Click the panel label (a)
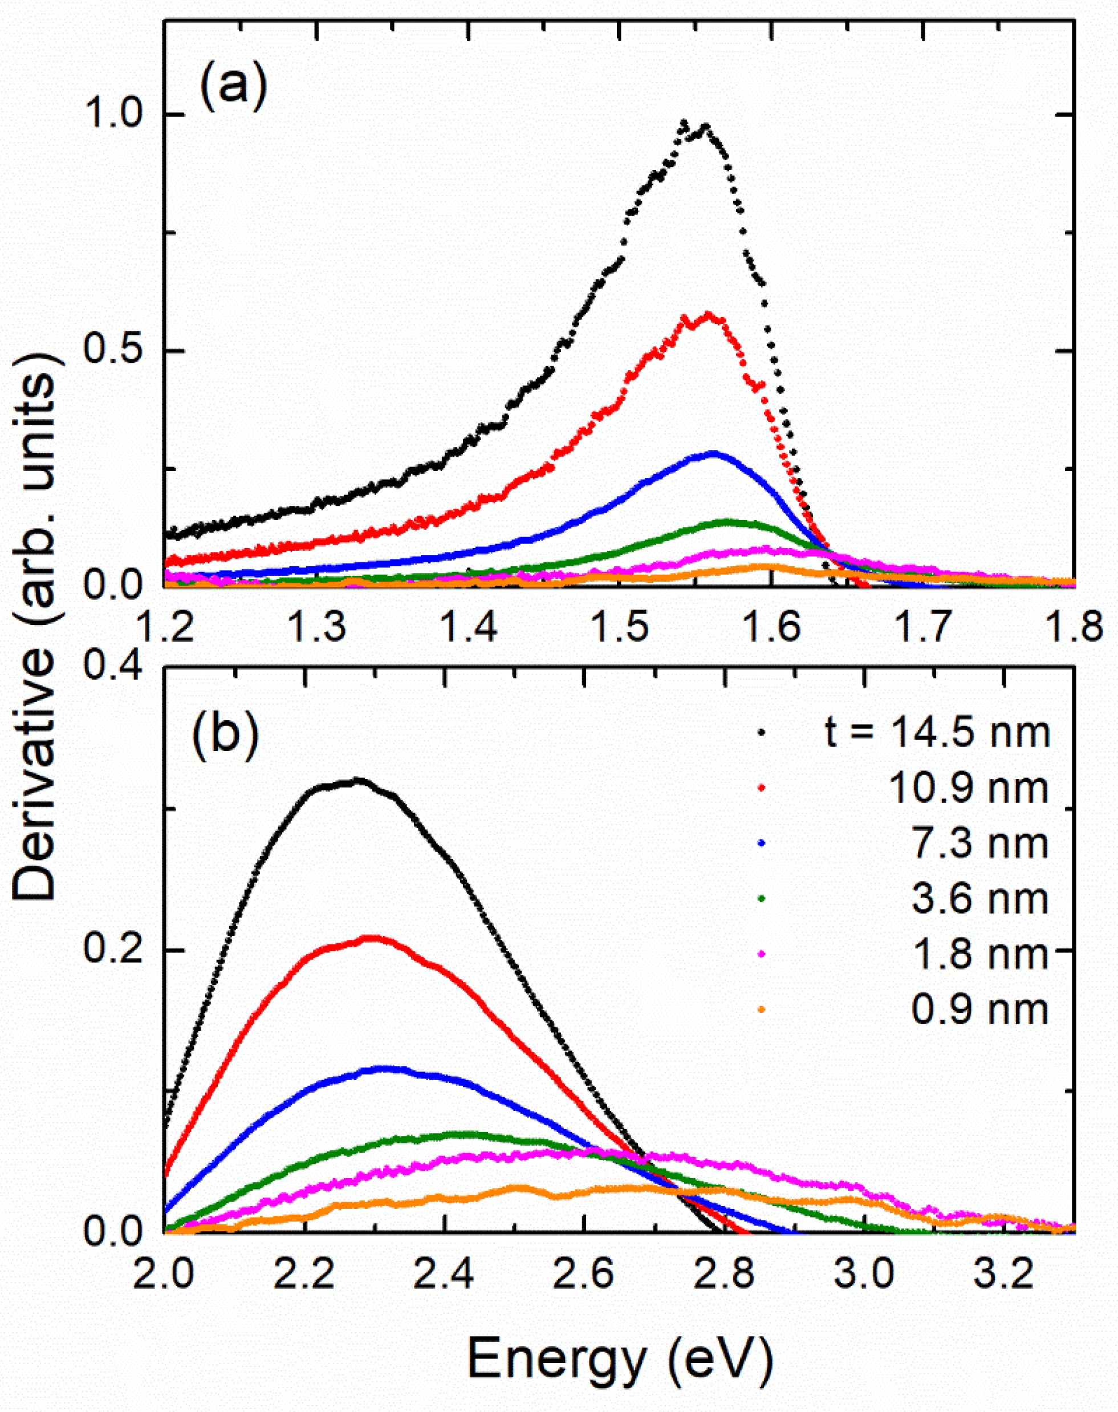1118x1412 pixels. point(234,85)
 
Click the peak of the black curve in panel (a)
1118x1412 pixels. point(685,123)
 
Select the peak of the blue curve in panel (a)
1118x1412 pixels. point(712,452)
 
